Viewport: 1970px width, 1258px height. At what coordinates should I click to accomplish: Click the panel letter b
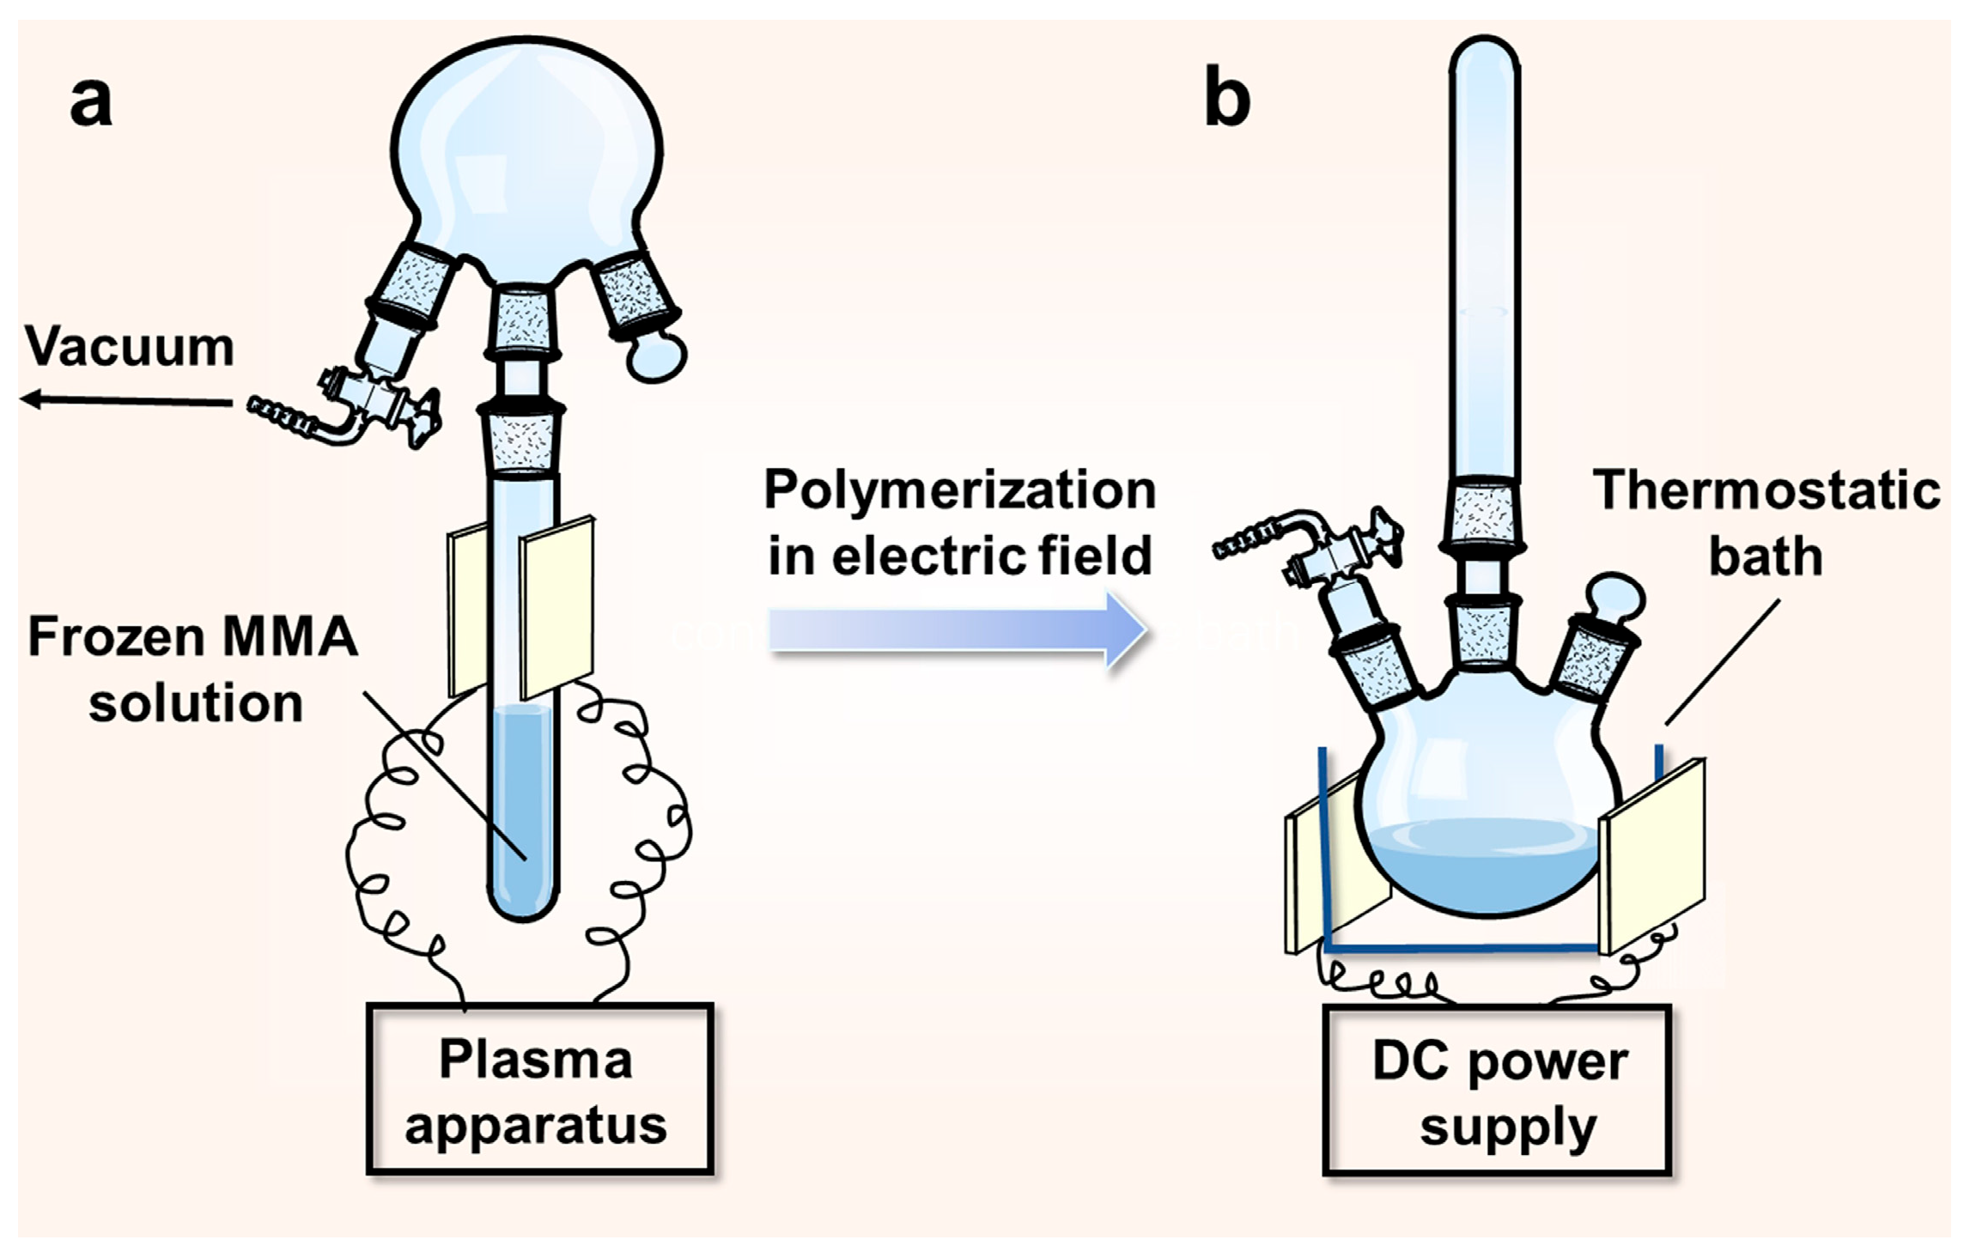(1228, 96)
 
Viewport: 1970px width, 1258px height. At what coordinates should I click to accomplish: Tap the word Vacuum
(130, 347)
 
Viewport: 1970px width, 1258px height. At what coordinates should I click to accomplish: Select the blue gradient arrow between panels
(958, 631)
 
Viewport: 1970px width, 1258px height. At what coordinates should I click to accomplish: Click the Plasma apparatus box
(540, 1089)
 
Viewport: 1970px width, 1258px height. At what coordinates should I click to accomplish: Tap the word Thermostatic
(1766, 491)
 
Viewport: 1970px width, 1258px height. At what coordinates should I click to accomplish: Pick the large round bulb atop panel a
(527, 155)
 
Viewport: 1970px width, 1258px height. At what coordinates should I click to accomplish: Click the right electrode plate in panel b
(1652, 854)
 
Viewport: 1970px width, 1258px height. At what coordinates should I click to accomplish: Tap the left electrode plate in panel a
(467, 614)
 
